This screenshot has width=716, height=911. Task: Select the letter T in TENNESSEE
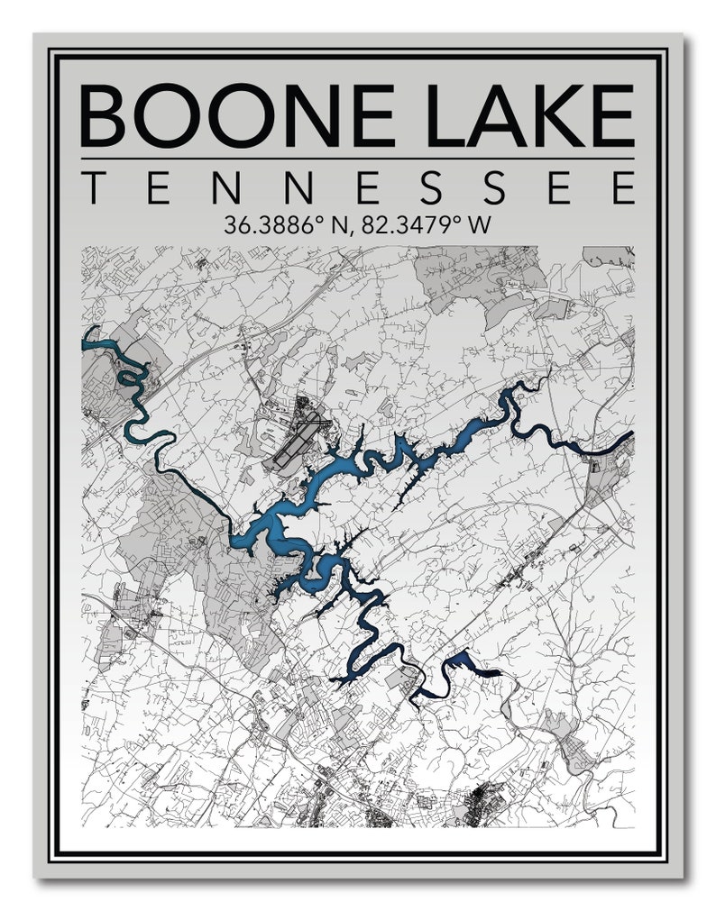point(93,188)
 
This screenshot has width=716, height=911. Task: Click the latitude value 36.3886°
point(267,224)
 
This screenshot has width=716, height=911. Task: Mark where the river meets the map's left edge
point(84,337)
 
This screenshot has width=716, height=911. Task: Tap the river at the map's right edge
point(629,437)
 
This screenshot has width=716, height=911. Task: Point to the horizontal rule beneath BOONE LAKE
point(357,159)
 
